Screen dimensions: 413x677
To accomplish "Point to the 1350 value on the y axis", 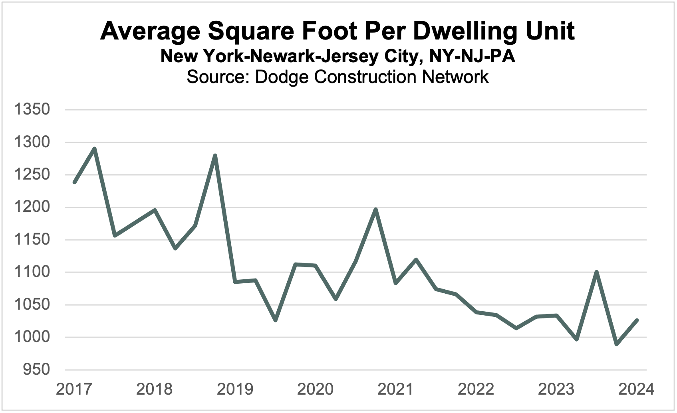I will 32,109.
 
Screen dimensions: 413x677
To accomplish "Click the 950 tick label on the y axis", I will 36,370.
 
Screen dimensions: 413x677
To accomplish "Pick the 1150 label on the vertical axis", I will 32,240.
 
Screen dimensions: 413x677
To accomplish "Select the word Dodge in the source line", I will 282,77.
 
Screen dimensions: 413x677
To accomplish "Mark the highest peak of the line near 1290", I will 95,149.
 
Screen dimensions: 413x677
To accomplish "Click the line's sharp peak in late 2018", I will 215,156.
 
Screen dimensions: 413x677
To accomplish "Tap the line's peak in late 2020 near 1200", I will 375,209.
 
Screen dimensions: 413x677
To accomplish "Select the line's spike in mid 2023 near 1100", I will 596,272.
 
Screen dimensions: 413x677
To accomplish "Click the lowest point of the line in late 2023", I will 617,344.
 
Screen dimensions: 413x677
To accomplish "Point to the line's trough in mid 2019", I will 276,320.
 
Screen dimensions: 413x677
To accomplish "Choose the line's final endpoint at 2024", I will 637,320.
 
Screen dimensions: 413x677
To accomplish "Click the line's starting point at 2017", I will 75,182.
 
